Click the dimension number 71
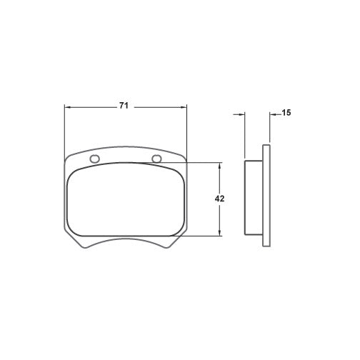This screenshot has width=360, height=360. click(124, 106)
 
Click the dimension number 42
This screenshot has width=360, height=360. click(219, 199)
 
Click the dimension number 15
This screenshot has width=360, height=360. click(286, 113)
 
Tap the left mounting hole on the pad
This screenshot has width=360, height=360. click(94, 159)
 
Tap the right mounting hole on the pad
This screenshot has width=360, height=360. click(157, 159)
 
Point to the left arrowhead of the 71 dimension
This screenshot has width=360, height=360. click(68, 107)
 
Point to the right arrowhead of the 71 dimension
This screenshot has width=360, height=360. click(184, 107)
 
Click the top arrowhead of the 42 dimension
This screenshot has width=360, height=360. click(220, 166)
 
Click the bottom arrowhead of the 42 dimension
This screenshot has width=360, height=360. click(220, 233)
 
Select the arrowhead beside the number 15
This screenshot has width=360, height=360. click(273, 115)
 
